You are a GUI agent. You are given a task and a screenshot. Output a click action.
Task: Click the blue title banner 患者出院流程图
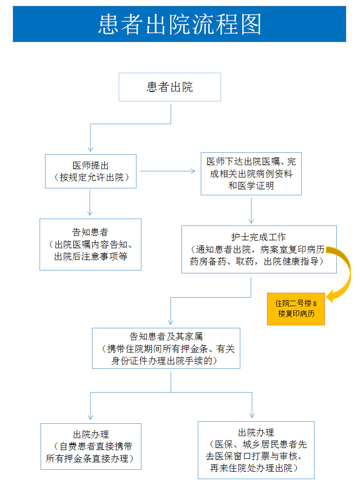[x=180, y=24]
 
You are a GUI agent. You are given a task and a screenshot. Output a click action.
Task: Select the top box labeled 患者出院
[x=170, y=87]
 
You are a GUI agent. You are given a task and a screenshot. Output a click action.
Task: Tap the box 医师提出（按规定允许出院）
[x=90, y=171]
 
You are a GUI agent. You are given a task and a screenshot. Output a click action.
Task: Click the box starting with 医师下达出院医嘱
[x=251, y=174]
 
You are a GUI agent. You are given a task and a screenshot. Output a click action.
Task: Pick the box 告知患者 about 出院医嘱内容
[x=90, y=244]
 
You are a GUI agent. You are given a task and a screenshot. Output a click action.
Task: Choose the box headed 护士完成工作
[x=259, y=249]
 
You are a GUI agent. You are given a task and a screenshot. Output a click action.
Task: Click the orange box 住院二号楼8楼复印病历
[x=296, y=309]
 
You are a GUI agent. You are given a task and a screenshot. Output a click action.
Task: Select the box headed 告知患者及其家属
[x=166, y=348]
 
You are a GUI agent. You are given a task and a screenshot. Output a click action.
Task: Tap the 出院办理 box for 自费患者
[x=91, y=447]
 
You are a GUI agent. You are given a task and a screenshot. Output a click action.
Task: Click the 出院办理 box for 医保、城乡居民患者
[x=256, y=449]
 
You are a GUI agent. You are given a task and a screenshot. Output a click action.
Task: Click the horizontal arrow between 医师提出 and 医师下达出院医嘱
[x=168, y=172]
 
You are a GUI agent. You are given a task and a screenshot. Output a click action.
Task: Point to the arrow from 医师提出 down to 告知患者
[x=90, y=202]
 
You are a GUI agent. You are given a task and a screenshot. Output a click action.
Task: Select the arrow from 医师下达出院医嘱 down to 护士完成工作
[x=251, y=210]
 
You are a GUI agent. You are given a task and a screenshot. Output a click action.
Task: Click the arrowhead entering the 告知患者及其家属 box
[x=171, y=322]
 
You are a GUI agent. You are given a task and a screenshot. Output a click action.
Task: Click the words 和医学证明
[x=251, y=186]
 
